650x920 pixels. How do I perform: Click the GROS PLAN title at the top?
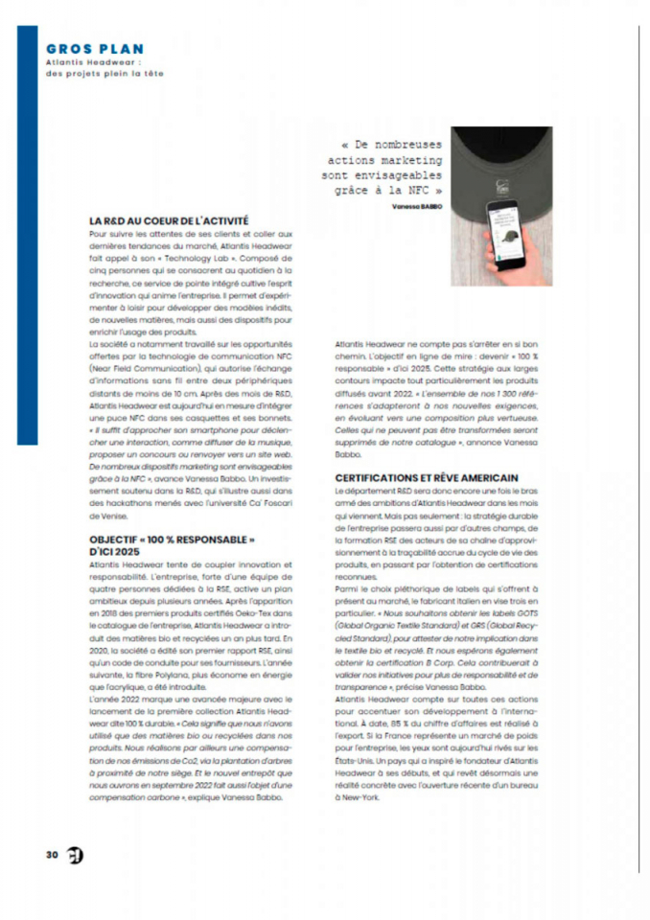pyautogui.click(x=96, y=49)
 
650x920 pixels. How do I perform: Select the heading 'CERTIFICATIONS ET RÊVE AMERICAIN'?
pyautogui.click(x=427, y=476)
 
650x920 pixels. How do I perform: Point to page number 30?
pyautogui.click(x=51, y=855)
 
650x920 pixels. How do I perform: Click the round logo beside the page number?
pyautogui.click(x=74, y=855)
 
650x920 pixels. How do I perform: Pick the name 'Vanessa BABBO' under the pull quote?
pyautogui.click(x=417, y=205)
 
